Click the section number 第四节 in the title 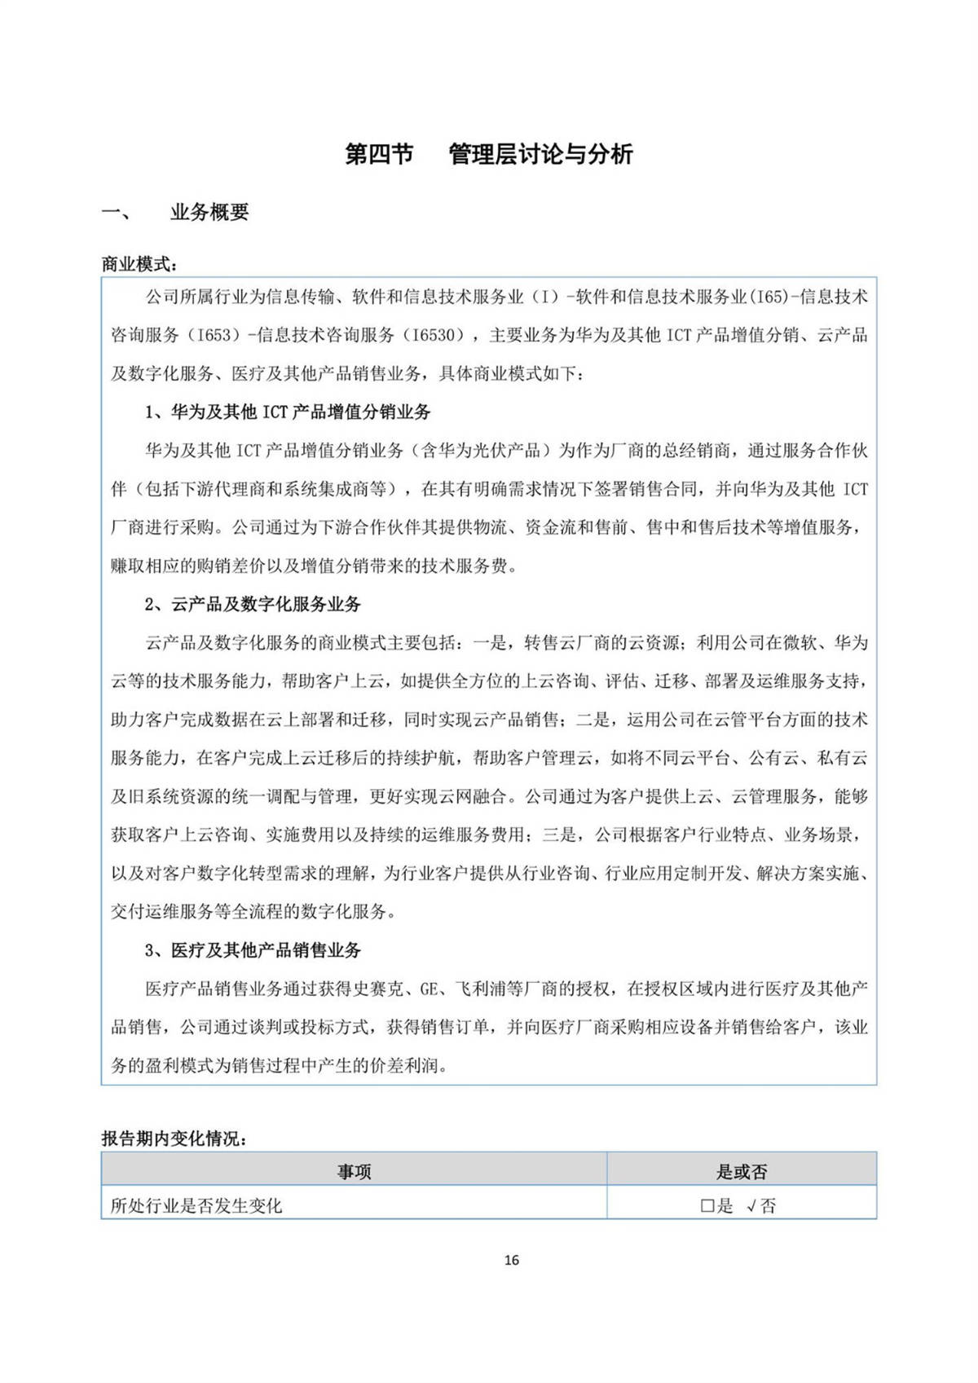coord(379,154)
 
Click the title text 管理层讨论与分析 coord(540,154)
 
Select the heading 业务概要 coord(209,213)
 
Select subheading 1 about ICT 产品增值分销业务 coord(288,412)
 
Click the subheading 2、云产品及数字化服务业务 coord(253,605)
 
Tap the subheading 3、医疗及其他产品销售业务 coord(253,950)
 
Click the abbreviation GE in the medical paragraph coord(429,989)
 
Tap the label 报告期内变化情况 coord(174,1139)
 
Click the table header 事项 coord(354,1172)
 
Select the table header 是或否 coord(741,1172)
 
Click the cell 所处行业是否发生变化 coord(196,1206)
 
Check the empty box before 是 coord(707,1206)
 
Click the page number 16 coord(511,1260)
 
